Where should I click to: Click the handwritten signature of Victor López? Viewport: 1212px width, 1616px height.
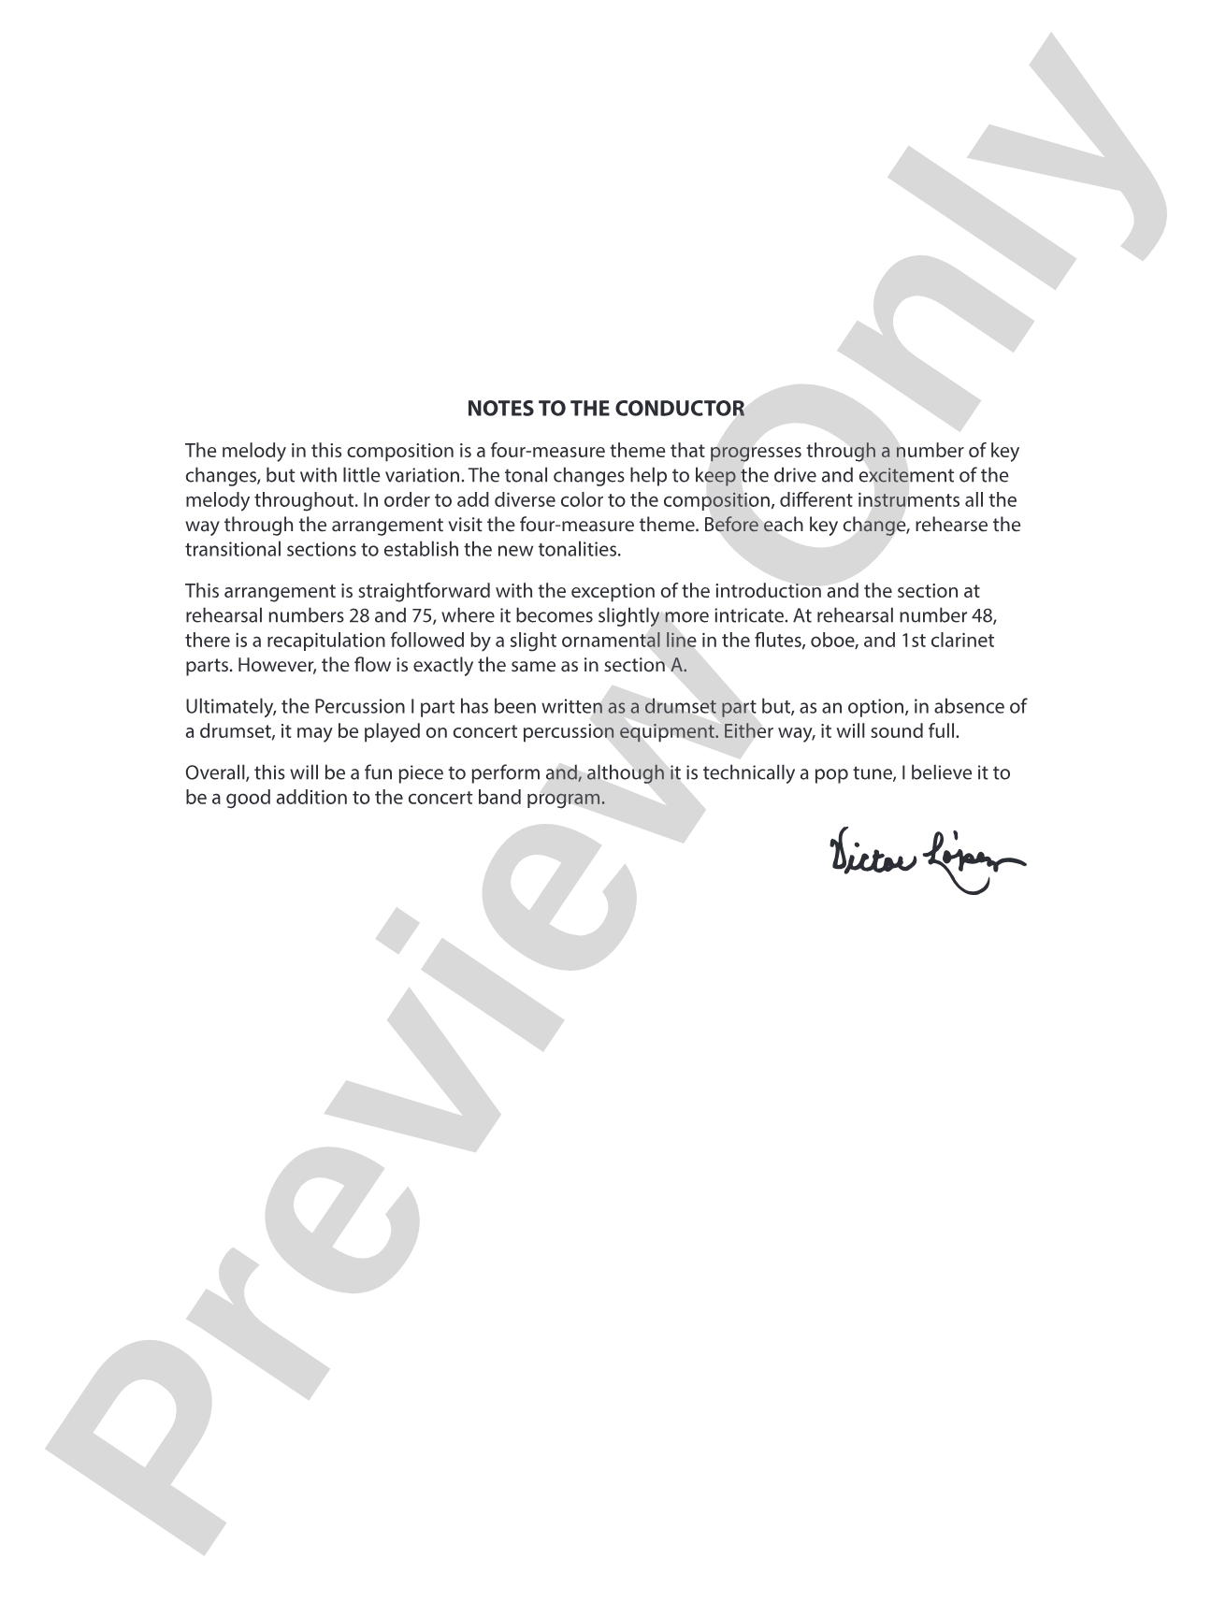pyautogui.click(x=926, y=855)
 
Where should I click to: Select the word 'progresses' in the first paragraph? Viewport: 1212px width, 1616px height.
pyautogui.click(x=753, y=452)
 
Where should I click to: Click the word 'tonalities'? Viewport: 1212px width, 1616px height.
pyautogui.click(x=580, y=549)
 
